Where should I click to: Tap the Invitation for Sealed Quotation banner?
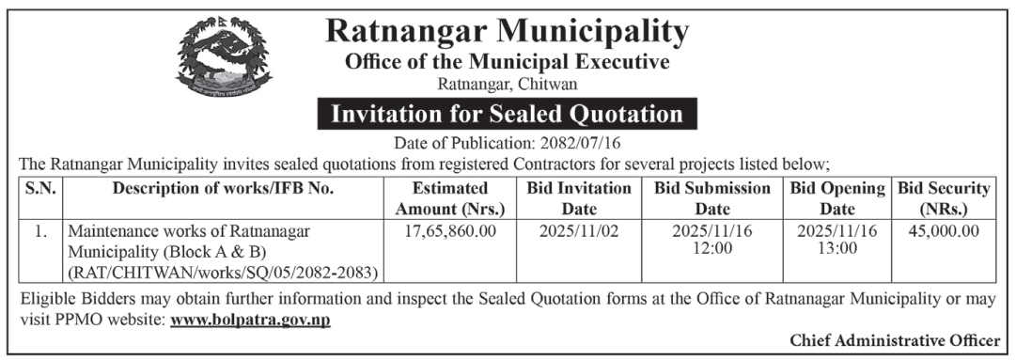tap(508, 115)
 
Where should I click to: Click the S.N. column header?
tap(40, 188)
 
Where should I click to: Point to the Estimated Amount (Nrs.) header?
tap(451, 198)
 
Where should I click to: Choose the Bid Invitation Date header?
tap(579, 198)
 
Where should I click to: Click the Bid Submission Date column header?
tap(712, 198)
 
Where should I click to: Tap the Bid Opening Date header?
tap(837, 198)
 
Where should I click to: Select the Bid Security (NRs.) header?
tap(944, 198)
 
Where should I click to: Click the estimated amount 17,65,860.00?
tap(451, 230)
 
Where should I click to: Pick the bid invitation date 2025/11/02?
tap(579, 230)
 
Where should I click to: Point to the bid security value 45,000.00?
tap(944, 230)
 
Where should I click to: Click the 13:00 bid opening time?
tap(837, 248)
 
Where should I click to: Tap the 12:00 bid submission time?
tap(712, 248)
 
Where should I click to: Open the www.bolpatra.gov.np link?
tap(250, 320)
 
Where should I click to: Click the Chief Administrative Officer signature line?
tap(894, 339)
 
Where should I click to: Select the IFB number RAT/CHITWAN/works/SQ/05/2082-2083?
tap(222, 273)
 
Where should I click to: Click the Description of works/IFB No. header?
tap(223, 188)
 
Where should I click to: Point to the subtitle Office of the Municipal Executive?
tap(508, 63)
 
